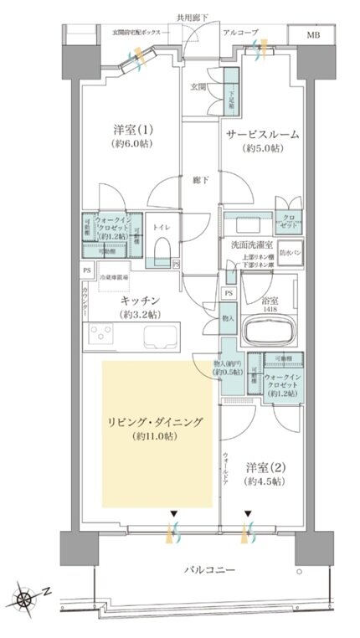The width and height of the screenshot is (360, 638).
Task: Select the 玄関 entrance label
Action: click(197, 86)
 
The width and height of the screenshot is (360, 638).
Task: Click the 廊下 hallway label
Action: click(197, 179)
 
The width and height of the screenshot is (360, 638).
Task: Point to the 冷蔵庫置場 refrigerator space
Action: click(117, 277)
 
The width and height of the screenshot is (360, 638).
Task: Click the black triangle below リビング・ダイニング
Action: click(173, 513)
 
